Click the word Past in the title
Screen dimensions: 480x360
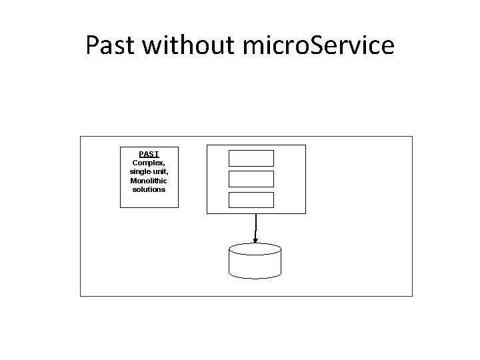click(110, 45)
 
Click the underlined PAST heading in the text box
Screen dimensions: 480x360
click(149, 154)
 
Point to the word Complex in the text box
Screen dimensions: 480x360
click(147, 163)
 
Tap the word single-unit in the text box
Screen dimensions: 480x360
click(149, 171)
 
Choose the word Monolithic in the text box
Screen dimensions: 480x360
click(149, 180)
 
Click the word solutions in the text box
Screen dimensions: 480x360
click(149, 189)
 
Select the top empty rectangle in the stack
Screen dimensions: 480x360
click(251, 158)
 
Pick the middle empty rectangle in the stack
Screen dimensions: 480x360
click(251, 179)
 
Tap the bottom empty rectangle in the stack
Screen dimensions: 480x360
click(251, 199)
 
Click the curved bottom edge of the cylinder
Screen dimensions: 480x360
click(255, 276)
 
